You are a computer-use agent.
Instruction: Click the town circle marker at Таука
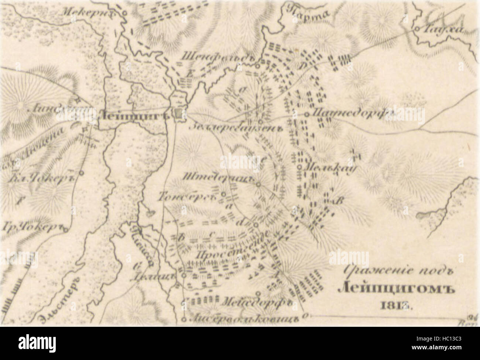416,28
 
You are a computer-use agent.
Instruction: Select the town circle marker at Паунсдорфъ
307,115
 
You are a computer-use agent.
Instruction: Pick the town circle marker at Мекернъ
124,13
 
